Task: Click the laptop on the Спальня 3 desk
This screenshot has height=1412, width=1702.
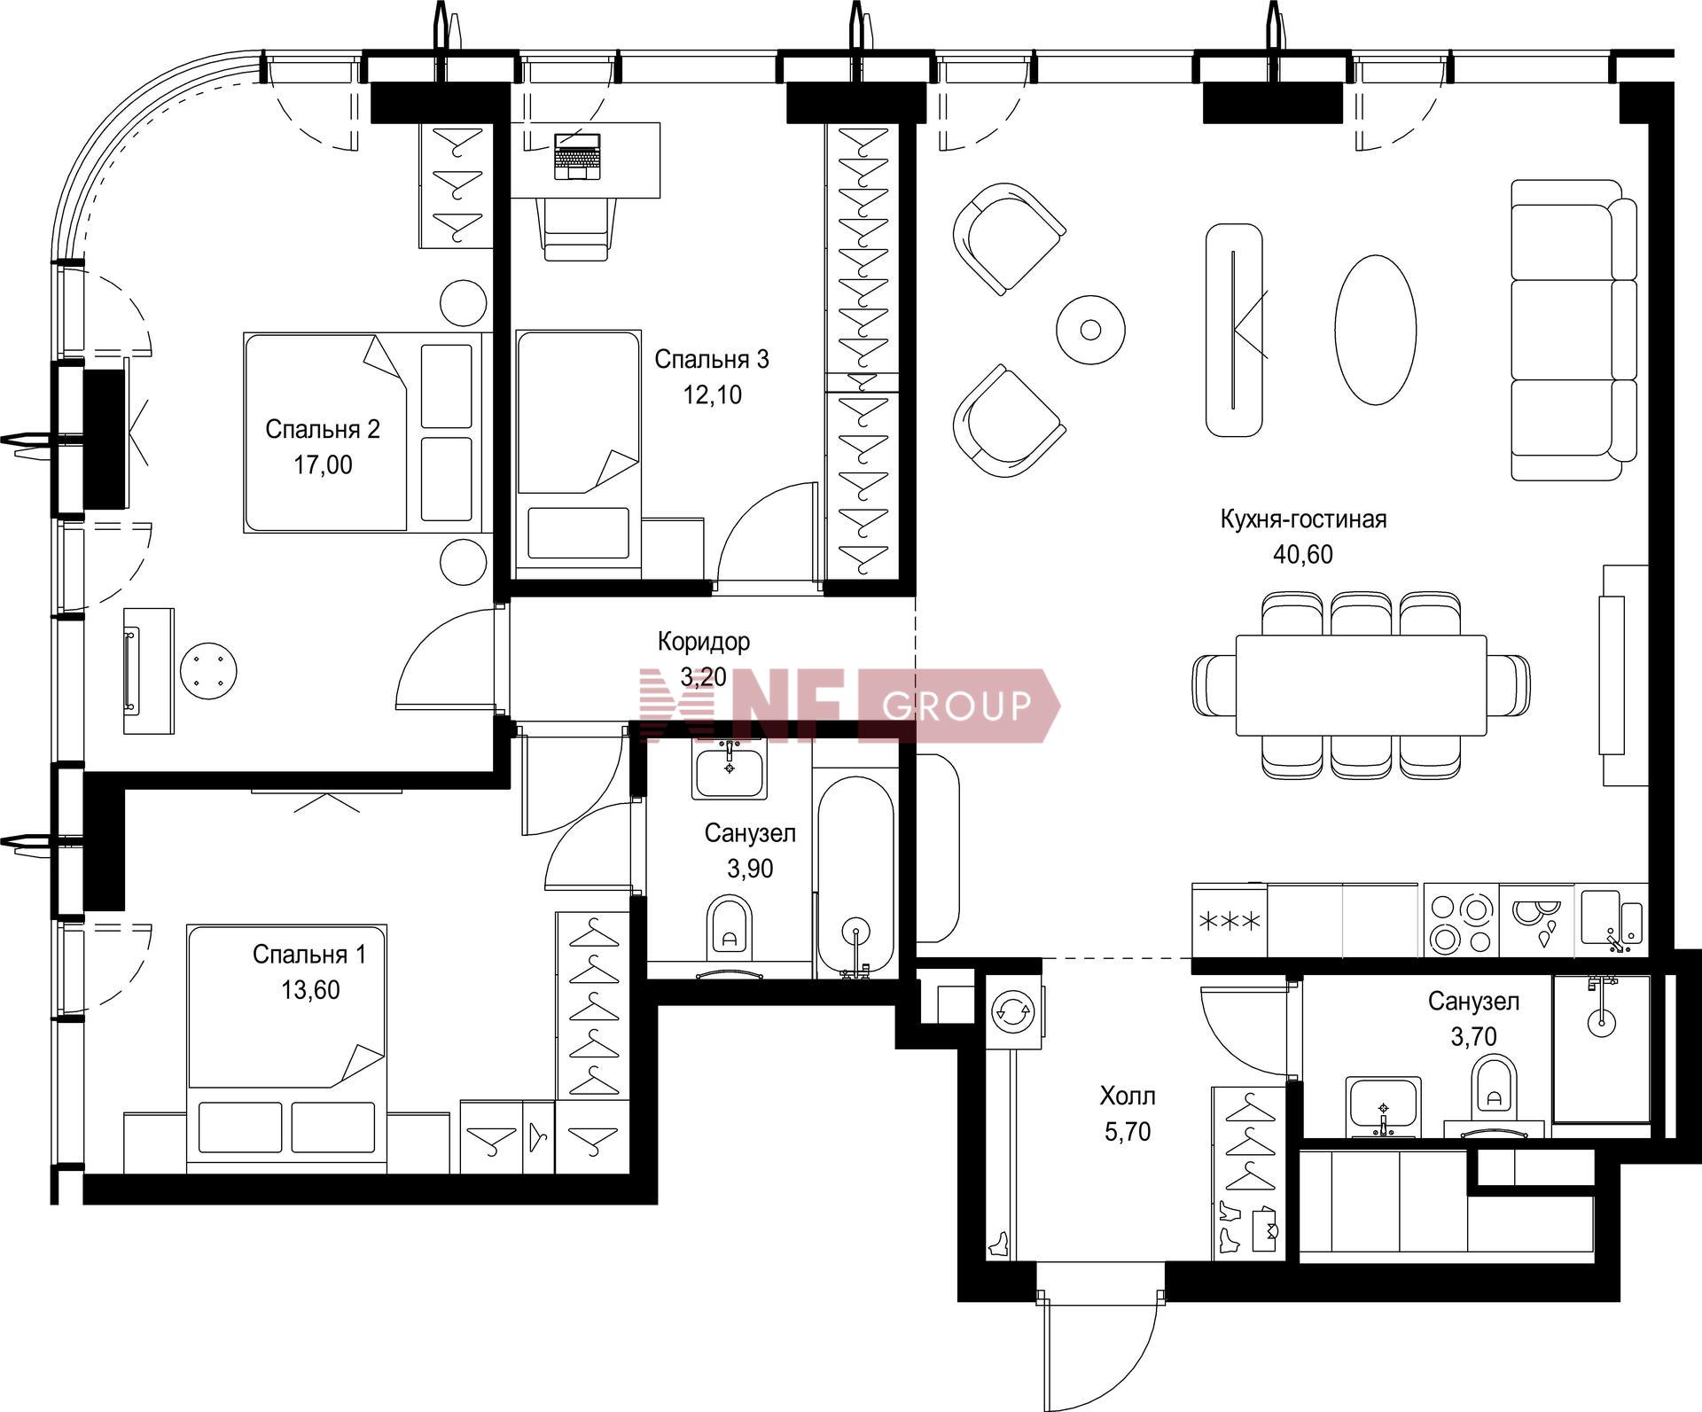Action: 577,156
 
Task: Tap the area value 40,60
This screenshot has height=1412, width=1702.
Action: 1302,555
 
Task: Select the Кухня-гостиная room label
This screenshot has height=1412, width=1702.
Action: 1303,519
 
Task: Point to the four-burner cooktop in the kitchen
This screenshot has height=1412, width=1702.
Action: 1461,922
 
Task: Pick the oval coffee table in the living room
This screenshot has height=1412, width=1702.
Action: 1375,330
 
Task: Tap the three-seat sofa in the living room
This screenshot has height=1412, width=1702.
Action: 1573,330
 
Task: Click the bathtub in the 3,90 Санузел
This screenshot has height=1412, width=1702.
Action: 855,878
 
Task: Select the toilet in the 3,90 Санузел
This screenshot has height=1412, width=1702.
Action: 730,927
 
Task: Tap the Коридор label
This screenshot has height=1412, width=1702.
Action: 703,641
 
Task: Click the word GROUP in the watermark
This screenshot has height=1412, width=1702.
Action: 956,706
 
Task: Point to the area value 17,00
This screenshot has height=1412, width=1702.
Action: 323,464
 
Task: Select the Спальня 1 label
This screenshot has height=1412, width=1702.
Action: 308,954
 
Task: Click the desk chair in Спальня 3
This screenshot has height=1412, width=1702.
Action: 576,229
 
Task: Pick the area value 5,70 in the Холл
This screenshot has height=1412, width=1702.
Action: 1128,1132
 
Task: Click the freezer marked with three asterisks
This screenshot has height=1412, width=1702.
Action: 1229,922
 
